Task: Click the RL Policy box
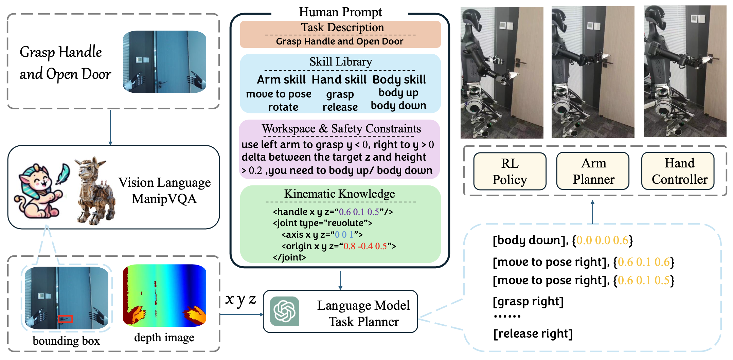click(509, 171)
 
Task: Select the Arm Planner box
click(593, 171)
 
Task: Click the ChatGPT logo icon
click(284, 311)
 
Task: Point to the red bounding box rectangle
click(65, 319)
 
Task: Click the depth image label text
click(164, 338)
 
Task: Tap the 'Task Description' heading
click(342, 28)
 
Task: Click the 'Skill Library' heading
click(341, 62)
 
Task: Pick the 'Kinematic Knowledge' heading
click(340, 194)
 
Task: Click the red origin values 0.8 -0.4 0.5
click(365, 246)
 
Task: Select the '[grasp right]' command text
click(528, 301)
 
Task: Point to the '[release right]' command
click(533, 334)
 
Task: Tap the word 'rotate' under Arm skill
click(283, 107)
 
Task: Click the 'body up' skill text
click(398, 93)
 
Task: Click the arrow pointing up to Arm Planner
click(592, 212)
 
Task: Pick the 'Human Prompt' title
click(340, 12)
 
